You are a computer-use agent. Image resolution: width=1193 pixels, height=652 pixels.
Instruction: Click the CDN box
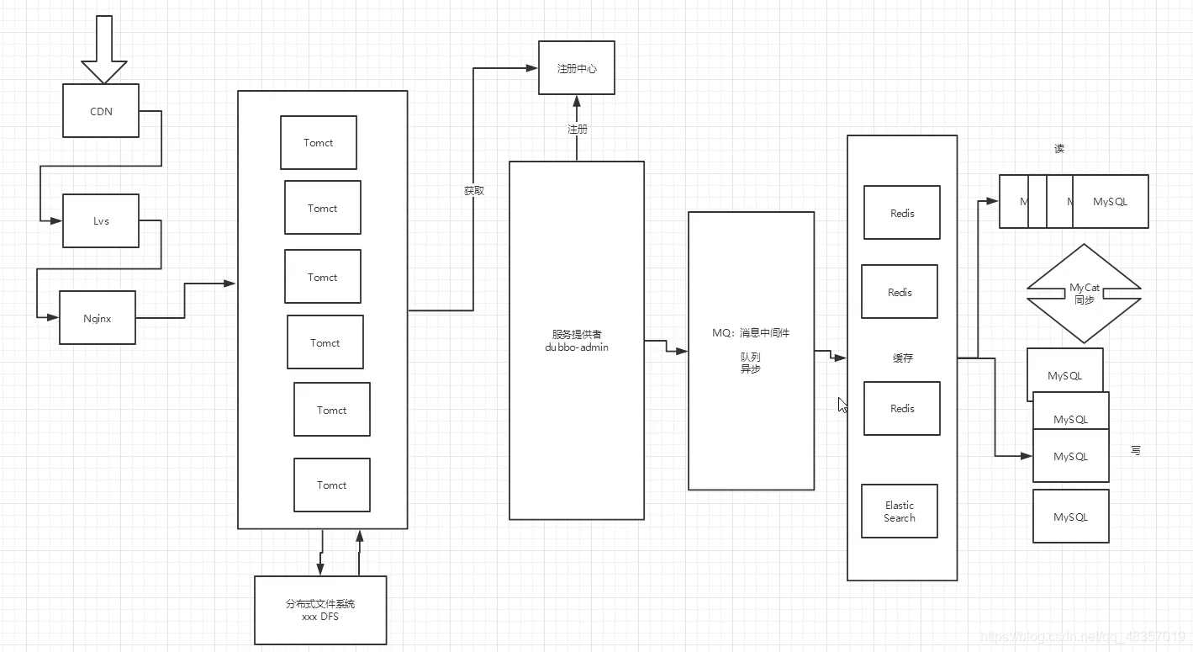click(101, 111)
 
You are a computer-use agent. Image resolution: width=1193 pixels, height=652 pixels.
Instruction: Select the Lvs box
click(101, 221)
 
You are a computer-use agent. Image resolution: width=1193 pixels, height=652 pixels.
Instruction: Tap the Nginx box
click(98, 318)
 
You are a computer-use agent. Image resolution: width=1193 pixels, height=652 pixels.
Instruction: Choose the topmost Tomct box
click(319, 143)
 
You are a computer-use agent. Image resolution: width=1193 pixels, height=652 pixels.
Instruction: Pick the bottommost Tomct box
click(332, 485)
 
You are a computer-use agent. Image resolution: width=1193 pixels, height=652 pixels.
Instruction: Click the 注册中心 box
click(577, 68)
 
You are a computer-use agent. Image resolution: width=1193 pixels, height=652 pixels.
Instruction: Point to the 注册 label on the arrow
click(578, 130)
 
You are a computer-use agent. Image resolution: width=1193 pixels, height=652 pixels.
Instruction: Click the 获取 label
click(474, 191)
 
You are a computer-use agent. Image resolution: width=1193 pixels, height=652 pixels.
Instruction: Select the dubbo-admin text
click(577, 347)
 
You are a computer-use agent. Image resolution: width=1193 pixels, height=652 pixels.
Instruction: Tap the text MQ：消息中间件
click(751, 333)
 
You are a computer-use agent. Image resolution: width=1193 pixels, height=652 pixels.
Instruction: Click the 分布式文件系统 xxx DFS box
click(320, 610)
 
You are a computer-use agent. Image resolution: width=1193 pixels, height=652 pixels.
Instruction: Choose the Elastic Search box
click(900, 512)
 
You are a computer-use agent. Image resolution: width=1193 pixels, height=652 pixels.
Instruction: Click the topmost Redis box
click(902, 213)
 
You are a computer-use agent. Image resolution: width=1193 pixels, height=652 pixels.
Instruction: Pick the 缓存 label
click(903, 358)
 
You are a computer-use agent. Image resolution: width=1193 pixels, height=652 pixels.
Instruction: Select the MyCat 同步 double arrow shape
click(1085, 294)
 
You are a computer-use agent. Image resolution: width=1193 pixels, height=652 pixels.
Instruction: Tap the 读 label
click(1059, 149)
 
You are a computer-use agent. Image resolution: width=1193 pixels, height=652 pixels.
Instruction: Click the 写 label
click(1136, 451)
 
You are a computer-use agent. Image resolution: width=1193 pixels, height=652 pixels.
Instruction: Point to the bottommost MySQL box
click(1071, 517)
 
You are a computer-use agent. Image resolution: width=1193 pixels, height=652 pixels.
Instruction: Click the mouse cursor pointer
click(842, 405)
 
